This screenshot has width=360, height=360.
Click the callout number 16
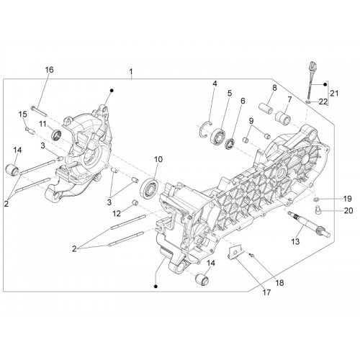click(50, 70)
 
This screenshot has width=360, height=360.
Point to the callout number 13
click(295, 241)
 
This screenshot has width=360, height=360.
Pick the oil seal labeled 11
click(56, 135)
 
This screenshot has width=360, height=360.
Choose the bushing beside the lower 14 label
click(202, 279)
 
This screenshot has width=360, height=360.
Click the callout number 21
click(334, 93)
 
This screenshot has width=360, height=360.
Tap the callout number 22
click(323, 102)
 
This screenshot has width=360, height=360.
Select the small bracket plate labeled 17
click(235, 253)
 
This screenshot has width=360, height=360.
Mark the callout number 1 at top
click(131, 71)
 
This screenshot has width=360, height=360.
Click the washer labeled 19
click(316, 199)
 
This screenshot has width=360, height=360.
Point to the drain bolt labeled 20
click(318, 210)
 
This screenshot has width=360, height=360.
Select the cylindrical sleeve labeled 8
click(266, 109)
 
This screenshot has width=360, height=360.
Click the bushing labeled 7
click(283, 117)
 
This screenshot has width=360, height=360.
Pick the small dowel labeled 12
click(135, 203)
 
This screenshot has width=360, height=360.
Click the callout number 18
click(280, 283)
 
